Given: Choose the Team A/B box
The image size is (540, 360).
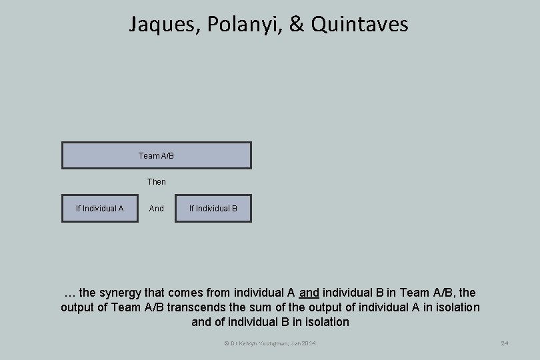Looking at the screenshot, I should (x=157, y=155).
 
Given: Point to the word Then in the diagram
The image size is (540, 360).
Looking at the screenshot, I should (x=157, y=181).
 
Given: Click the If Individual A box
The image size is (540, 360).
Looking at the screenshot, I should (x=100, y=209).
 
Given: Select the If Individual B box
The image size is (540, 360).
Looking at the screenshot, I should (x=213, y=209).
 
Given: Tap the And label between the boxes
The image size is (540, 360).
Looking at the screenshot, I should (x=157, y=209).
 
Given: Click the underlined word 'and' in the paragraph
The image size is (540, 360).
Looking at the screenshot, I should (x=309, y=293).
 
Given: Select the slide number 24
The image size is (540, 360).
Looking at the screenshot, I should (x=505, y=343).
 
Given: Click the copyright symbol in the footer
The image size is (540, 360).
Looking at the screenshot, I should (x=226, y=343).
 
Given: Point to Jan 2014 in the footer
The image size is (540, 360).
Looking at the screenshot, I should (x=304, y=343).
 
